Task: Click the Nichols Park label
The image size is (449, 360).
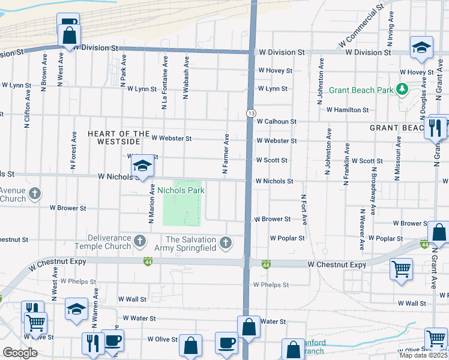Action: pos(181,190)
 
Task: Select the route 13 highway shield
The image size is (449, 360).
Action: pos(251,113)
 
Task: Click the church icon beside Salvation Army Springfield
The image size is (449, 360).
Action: pos(226,243)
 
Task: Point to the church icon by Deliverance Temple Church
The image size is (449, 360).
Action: pos(140,242)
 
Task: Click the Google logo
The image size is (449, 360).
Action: pos(20,353)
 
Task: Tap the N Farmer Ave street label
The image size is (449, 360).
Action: pos(226,154)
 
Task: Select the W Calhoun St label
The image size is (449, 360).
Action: pos(276,121)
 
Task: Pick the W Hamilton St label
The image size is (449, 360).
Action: pos(348,110)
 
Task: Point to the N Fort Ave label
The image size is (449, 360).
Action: pos(304,209)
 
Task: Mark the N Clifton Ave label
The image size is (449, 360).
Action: pos(27,109)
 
